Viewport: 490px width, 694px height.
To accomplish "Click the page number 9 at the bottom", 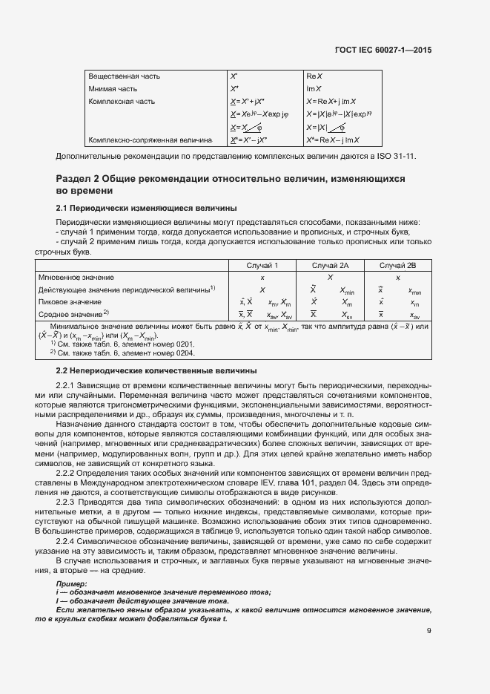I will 429,631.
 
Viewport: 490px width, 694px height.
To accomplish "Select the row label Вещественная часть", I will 124,76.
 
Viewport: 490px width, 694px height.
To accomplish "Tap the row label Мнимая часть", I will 113,88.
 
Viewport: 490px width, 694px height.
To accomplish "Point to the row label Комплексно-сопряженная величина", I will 150,140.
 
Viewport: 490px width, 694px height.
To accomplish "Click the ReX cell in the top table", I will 313,76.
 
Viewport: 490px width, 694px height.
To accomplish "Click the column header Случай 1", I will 262,265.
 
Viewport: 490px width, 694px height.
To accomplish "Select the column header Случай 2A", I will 331,265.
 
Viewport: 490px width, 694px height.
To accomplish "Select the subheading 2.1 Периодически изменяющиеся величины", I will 147,209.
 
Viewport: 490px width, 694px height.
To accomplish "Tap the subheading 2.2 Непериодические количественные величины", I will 156,370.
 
